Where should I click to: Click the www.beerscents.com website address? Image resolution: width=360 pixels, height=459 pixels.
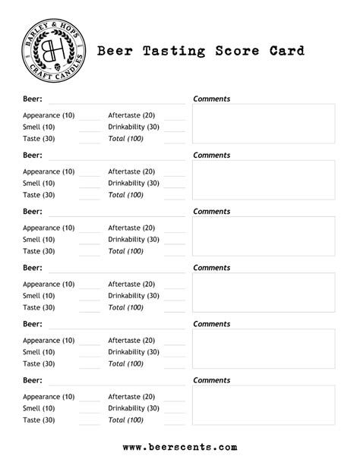(x=179, y=447)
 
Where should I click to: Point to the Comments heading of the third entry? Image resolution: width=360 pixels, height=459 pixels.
(x=212, y=212)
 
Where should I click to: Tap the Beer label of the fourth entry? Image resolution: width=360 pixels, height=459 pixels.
(x=32, y=268)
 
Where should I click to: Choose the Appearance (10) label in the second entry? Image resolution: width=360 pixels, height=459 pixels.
(x=49, y=171)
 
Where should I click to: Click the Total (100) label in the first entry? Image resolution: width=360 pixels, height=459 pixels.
(x=125, y=139)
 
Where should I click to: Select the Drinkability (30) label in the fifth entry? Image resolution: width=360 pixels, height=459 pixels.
(x=134, y=352)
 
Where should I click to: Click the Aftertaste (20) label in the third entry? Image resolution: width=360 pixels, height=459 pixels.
(x=131, y=228)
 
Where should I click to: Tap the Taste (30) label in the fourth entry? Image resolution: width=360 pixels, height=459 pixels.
(x=39, y=307)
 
